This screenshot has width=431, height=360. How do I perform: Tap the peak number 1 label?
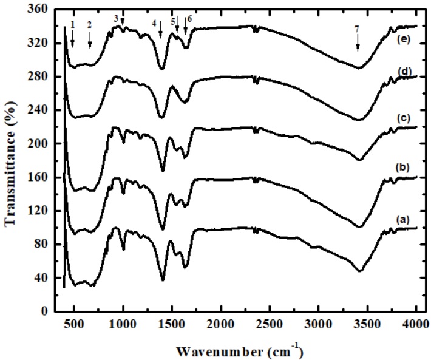[72, 24]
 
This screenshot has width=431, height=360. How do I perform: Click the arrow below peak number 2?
[90, 39]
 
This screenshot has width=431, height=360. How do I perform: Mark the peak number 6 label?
[189, 19]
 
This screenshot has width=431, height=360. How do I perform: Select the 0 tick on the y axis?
[51, 311]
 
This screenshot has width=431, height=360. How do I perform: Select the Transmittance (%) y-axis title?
[10, 160]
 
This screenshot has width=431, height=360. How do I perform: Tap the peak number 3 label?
[115, 18]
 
